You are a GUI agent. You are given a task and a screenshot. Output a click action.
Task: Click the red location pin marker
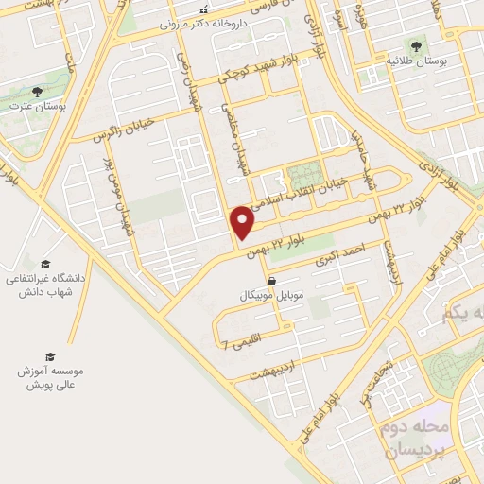(x=243, y=221)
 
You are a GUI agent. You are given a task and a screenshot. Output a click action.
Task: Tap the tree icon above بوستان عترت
(x=37, y=92)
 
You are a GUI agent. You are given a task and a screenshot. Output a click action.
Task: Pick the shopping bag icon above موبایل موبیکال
(x=272, y=281)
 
